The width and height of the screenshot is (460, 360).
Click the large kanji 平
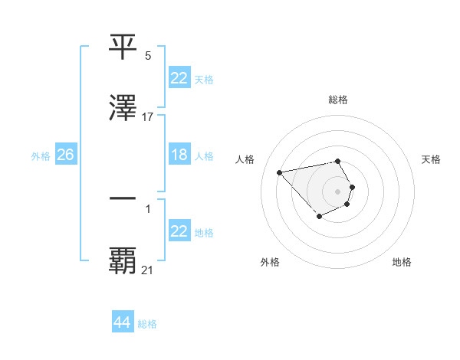123,47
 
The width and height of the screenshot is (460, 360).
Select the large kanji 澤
123,108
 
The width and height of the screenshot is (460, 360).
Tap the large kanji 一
123,198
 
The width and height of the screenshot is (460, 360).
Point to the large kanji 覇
123,260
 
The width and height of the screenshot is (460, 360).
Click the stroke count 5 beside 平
148,56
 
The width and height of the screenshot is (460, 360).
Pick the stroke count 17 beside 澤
148,117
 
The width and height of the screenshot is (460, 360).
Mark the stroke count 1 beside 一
148,208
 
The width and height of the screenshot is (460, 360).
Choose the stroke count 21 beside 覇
148,270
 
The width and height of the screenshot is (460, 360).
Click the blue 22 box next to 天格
179,78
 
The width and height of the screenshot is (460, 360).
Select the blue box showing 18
179,155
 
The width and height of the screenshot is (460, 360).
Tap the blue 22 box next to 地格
179,231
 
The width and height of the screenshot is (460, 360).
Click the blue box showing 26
66,155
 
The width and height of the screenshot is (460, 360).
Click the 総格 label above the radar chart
338,100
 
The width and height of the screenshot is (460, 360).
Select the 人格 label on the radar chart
245,159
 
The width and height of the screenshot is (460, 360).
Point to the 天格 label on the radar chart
431,159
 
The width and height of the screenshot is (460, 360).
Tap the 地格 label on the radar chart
402,262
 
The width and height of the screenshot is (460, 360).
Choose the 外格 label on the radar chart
270,262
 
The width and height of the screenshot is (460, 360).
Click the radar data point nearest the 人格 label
280,172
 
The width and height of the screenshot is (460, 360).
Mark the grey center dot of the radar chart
338,191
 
